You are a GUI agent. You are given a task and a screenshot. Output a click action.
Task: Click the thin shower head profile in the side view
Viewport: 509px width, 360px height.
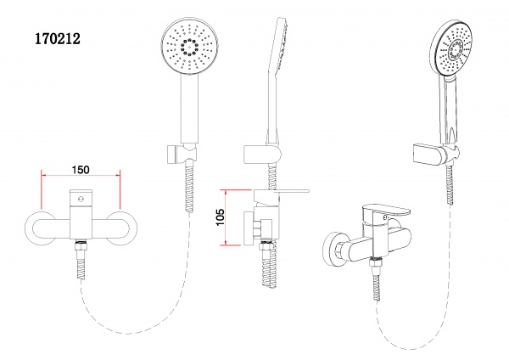(281, 51)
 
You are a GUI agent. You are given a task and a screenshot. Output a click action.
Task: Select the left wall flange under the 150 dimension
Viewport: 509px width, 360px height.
(42, 228)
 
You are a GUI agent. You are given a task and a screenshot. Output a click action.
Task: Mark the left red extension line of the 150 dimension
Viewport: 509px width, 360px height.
(41, 188)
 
